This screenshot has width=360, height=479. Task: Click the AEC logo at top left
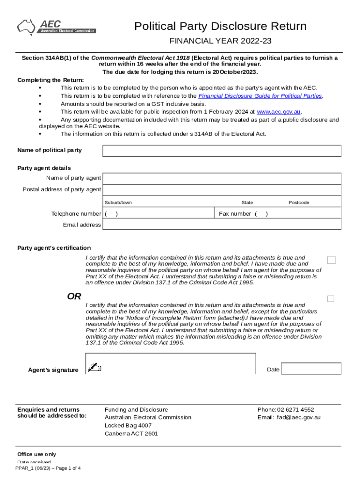[56, 27]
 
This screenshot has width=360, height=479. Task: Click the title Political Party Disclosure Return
[220, 26]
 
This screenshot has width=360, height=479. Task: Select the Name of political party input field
[222, 151]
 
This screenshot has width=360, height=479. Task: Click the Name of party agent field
[222, 178]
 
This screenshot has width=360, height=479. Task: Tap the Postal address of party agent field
[222, 189]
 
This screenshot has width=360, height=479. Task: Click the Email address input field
[222, 225]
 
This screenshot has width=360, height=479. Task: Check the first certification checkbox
[331, 260]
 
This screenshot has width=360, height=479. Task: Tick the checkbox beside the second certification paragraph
[331, 298]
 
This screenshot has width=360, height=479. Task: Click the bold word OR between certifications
[74, 296]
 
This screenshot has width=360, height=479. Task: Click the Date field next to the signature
[311, 369]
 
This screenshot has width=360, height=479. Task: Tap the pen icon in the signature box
[94, 367]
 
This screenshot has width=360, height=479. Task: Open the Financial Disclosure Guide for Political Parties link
[260, 96]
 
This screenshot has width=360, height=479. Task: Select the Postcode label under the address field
[299, 203]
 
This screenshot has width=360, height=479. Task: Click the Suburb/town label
[118, 203]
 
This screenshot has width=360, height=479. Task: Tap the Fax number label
[235, 214]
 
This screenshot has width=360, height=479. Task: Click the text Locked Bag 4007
[128, 426]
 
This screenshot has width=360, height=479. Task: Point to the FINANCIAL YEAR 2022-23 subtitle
[220, 41]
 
